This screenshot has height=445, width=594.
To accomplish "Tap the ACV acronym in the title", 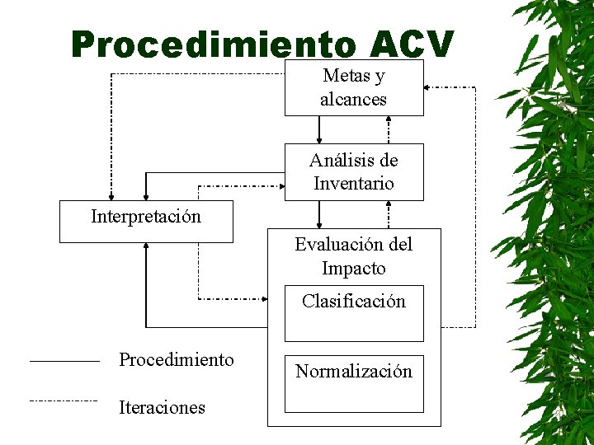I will tap(412, 44).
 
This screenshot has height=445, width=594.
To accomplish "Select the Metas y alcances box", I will tap(354, 87).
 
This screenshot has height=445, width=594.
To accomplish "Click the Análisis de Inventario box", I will tap(354, 171).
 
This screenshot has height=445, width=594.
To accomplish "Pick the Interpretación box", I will tap(146, 221).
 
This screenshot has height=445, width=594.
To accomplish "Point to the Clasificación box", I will tap(354, 313).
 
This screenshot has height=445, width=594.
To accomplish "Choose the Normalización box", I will tap(354, 383).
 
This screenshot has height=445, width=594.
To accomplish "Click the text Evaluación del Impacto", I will tap(354, 256).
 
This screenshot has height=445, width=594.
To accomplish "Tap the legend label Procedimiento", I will tap(177, 360).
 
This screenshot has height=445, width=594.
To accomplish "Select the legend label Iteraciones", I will tap(163, 407).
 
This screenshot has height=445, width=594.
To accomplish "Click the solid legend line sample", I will tap(64, 361).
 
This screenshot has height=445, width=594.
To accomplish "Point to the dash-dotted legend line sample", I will tap(64, 400).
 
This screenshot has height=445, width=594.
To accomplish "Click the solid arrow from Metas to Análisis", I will tap(320, 129).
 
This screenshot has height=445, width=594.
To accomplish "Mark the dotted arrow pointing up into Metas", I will tap(389, 129).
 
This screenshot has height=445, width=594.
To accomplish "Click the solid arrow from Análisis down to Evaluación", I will tap(320, 214).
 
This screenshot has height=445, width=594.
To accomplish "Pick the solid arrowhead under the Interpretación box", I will tap(146, 248).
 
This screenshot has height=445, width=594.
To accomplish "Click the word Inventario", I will tap(354, 184).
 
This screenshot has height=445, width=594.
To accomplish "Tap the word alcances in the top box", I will tap(354, 100).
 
